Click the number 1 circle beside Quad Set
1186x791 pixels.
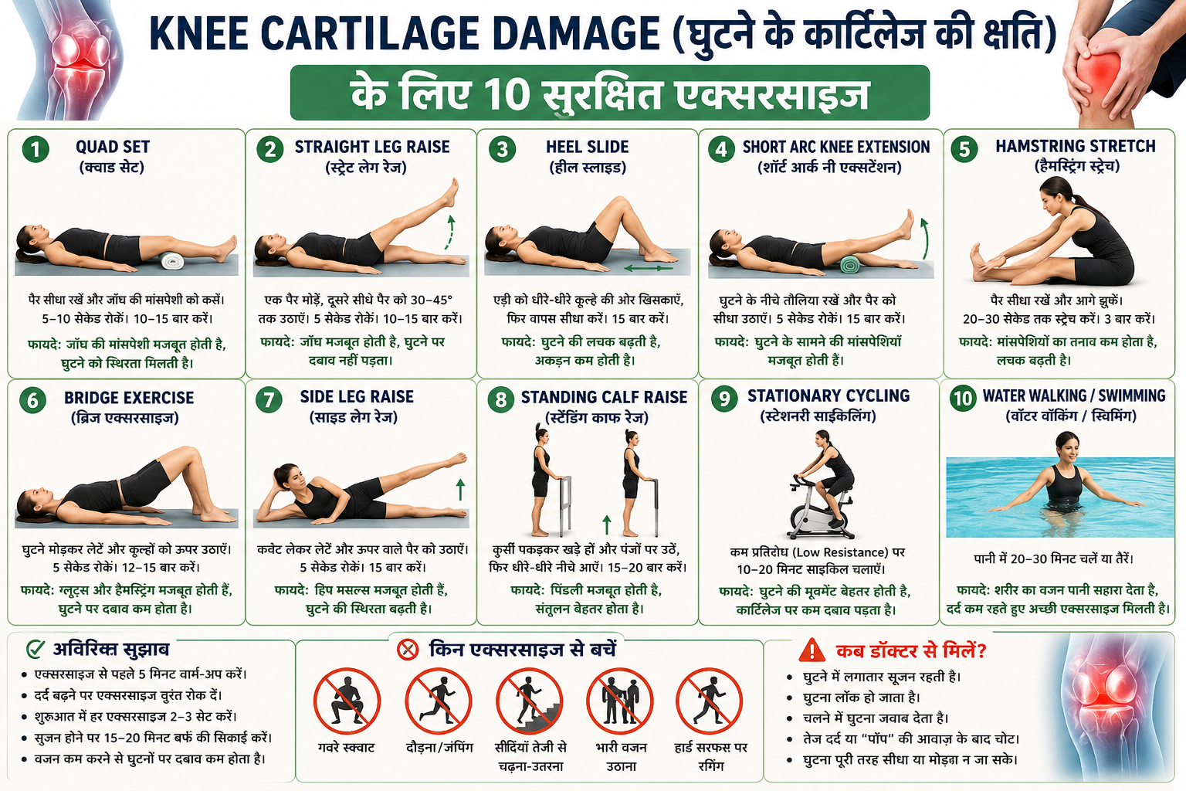pos(36,149)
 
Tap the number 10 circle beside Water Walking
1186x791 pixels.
pos(963,398)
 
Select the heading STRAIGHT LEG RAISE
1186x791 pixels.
pos(372,147)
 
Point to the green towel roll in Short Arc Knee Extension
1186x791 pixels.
pos(851,264)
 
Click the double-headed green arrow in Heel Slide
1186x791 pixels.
pos(648,268)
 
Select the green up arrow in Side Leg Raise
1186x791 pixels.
pos(461,489)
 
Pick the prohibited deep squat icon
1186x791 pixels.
pos(347,701)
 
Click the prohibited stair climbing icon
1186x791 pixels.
pos(530,701)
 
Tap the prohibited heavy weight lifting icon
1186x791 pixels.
pos(620,701)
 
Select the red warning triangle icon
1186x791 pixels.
pos(812,650)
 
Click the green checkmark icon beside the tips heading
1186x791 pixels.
pos(36,649)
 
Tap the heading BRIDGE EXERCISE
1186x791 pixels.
pos(129,398)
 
